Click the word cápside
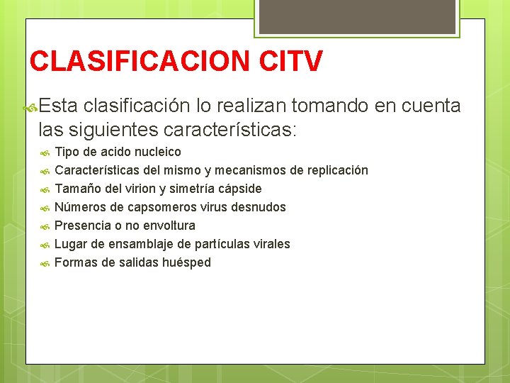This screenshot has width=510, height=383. [x=239, y=189]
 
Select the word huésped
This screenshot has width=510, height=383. [x=187, y=262]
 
